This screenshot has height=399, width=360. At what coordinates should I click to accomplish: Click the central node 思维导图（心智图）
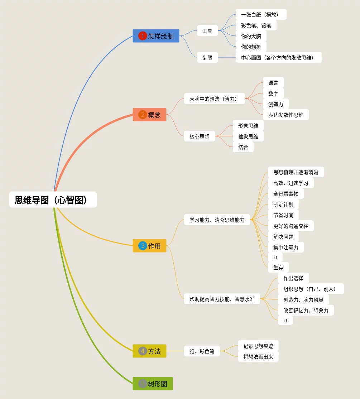tap(53, 200)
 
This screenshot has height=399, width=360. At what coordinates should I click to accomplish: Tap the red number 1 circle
tap(143, 36)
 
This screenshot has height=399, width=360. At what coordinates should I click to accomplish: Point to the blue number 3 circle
tap(143, 246)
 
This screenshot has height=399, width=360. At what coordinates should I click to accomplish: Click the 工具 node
tap(207, 31)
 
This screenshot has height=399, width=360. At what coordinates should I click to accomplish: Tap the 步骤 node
tap(207, 57)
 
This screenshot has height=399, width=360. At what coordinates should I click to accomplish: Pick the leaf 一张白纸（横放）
tap(261, 15)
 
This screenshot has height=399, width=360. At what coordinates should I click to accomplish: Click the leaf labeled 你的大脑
tap(251, 36)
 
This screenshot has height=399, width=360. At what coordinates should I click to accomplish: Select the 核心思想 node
tap(200, 136)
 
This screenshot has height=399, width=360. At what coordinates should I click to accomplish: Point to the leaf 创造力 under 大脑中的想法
tap(276, 104)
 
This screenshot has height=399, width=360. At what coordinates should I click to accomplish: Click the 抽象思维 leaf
tap(248, 136)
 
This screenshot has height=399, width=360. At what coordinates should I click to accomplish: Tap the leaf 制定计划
tap(283, 205)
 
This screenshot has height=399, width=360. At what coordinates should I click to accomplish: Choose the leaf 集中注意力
tap(286, 247)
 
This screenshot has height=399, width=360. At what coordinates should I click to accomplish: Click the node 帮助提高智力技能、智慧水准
tap(222, 299)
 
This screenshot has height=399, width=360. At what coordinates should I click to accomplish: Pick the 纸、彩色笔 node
tap(202, 351)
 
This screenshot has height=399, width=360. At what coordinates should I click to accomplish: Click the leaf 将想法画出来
tap(258, 356)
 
